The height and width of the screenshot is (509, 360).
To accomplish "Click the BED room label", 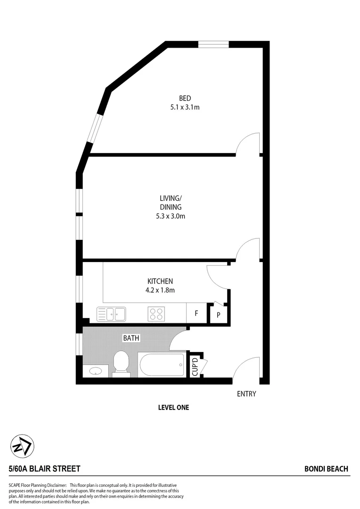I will [185, 98].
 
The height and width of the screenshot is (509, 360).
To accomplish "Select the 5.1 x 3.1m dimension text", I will [185, 107].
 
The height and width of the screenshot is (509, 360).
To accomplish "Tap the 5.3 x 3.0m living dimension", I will [170, 216].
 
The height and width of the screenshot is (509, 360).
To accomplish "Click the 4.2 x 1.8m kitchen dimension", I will [161, 290].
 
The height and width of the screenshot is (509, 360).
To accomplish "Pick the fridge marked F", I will [196, 313].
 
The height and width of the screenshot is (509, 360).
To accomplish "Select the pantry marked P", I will [219, 314].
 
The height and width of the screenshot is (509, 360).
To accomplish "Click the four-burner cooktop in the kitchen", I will [156, 313].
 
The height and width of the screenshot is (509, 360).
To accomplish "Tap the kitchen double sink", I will [111, 313].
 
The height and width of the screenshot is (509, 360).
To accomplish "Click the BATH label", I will [131, 338].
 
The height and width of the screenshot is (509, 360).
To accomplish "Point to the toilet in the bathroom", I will [121, 364].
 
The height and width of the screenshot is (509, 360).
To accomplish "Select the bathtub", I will [162, 365].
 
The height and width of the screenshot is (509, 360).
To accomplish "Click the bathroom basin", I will [96, 371].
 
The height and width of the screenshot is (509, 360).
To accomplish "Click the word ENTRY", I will [246, 394].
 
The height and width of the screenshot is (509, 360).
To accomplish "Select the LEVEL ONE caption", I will [173, 408].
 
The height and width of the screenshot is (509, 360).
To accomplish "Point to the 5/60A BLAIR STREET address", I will [44, 468].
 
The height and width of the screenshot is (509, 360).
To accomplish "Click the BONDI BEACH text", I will [326, 468].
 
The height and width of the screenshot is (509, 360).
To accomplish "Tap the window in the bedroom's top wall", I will [213, 44].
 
